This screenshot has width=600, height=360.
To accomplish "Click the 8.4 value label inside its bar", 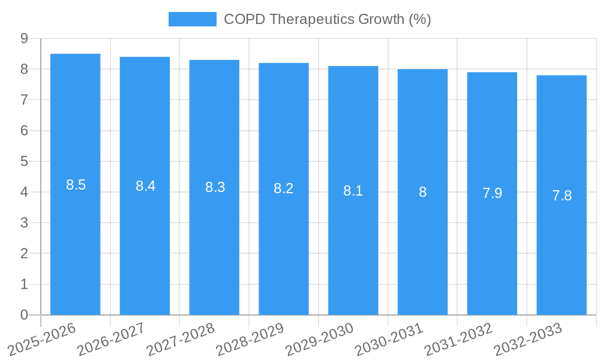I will pos(145,186).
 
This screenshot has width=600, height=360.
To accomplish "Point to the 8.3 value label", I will pos(215,187).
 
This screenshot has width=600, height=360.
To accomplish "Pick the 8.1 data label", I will pos(353,191).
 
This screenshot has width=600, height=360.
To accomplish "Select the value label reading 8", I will pos(422,192).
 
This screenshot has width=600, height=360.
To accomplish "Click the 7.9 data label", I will pos(492,193).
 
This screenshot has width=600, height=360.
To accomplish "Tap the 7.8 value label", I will pos(562,196).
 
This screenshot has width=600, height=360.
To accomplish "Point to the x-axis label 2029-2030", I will pos(319,339).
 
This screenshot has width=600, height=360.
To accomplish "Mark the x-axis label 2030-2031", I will pos(389,339).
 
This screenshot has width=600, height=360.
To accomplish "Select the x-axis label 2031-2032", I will pos(458,339).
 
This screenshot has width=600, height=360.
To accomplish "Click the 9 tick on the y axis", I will pos(24,38).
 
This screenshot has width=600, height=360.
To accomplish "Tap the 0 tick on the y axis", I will pos(24,315).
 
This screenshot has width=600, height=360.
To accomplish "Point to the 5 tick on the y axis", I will pos(24,161).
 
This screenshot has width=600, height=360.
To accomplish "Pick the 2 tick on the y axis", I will pos(24,254).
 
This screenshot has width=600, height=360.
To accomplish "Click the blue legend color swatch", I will pos(192,19).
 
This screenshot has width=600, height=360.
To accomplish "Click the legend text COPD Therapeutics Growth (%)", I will pos(328,19).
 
